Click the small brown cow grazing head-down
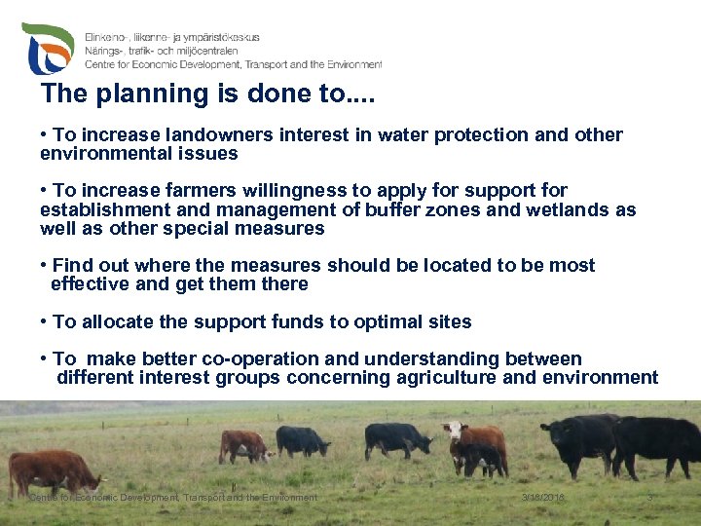coord(243,445)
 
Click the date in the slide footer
coord(542,498)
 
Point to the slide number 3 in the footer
coord(650,498)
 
